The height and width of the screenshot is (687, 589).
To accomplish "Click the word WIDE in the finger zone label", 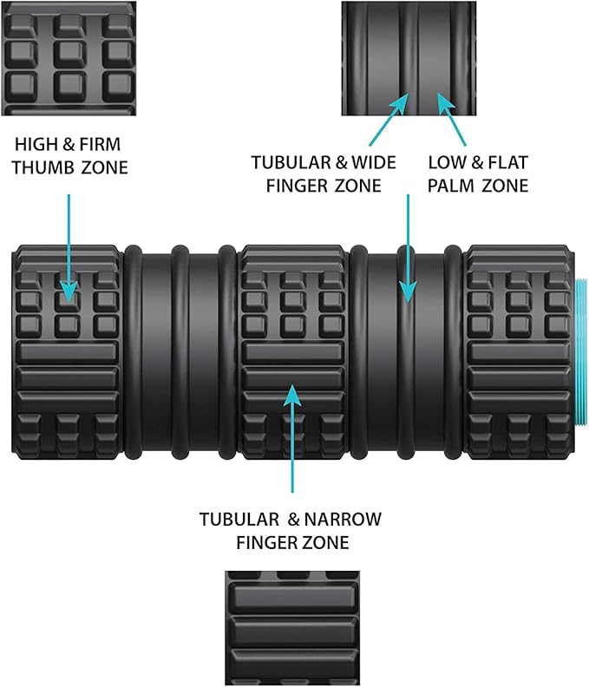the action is coord(374,162).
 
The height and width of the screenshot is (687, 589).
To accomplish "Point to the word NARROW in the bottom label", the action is coord(343,520).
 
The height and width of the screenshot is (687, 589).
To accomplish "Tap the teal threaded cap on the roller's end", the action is coord(580,350).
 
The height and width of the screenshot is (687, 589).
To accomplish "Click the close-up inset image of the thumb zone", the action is coord(69,58).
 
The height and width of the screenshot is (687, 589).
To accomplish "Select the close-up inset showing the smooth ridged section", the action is coord(409,58).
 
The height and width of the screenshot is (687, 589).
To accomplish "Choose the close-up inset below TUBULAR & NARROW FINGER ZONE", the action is coord(292,628).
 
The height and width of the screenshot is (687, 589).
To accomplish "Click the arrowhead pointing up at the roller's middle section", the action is coord(292,396).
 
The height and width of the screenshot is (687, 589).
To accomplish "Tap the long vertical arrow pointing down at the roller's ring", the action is coord(408,248).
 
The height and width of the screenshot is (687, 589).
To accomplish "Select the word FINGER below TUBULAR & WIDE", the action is coord(298,186).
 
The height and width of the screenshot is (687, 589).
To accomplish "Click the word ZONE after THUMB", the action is coord(104,167).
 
